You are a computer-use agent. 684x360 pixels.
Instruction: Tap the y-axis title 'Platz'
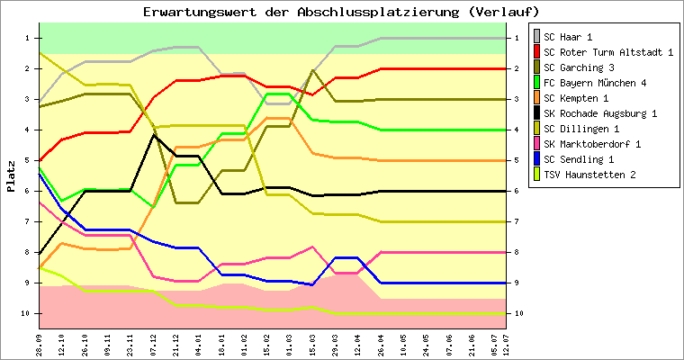(x=11, y=175)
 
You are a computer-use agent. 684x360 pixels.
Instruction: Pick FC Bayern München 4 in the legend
(x=595, y=83)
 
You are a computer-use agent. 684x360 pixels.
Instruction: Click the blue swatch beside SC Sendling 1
(x=537, y=159)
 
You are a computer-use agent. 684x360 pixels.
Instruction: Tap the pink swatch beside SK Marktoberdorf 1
(x=537, y=144)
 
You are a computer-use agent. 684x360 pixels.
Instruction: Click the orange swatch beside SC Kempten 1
(x=537, y=98)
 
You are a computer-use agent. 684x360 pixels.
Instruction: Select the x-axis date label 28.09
(x=40, y=343)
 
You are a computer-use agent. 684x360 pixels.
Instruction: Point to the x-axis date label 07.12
(x=154, y=343)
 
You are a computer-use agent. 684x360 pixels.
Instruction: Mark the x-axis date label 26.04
(x=382, y=343)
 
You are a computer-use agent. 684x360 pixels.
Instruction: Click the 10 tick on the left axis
(x=26, y=313)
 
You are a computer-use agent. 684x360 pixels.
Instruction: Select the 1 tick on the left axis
(x=28, y=38)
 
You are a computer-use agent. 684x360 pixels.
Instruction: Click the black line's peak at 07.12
(x=154, y=135)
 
